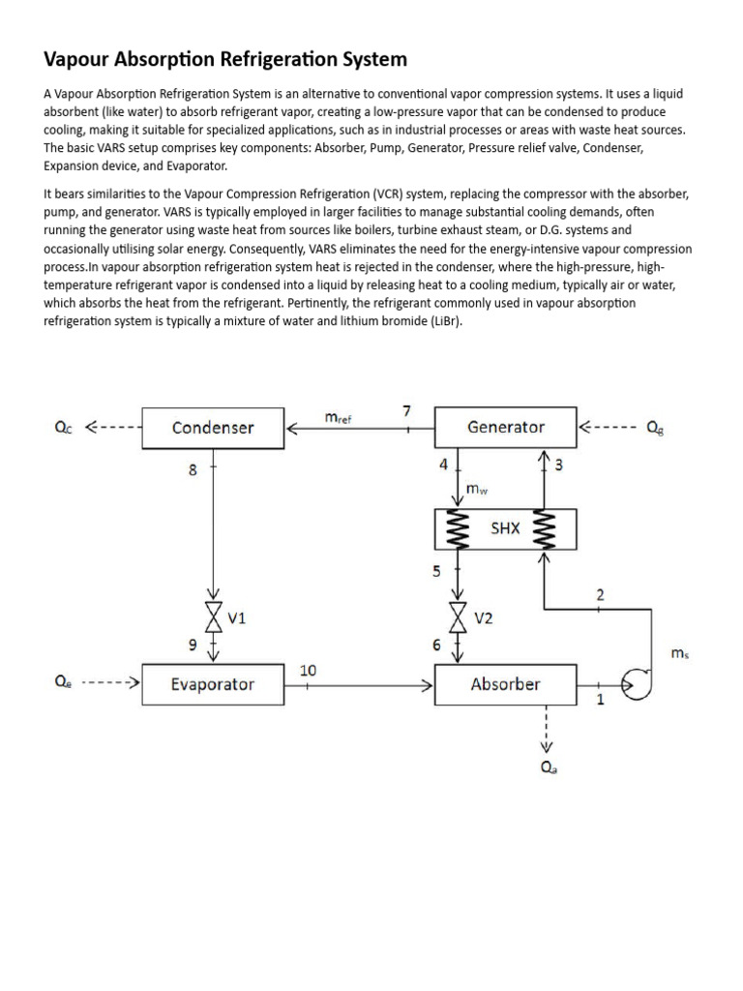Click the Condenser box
(x=213, y=428)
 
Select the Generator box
(x=505, y=428)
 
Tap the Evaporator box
(x=213, y=684)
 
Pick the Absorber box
(x=505, y=684)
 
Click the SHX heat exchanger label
(x=505, y=528)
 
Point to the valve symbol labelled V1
(x=213, y=616)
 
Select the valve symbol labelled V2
(x=460, y=616)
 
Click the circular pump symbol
(x=638, y=684)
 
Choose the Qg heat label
(x=656, y=428)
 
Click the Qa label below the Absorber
(x=549, y=769)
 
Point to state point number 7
(x=407, y=411)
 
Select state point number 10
(x=308, y=670)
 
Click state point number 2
(x=600, y=595)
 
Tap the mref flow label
(x=338, y=417)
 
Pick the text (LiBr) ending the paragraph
(x=442, y=321)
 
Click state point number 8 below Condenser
(x=193, y=471)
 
